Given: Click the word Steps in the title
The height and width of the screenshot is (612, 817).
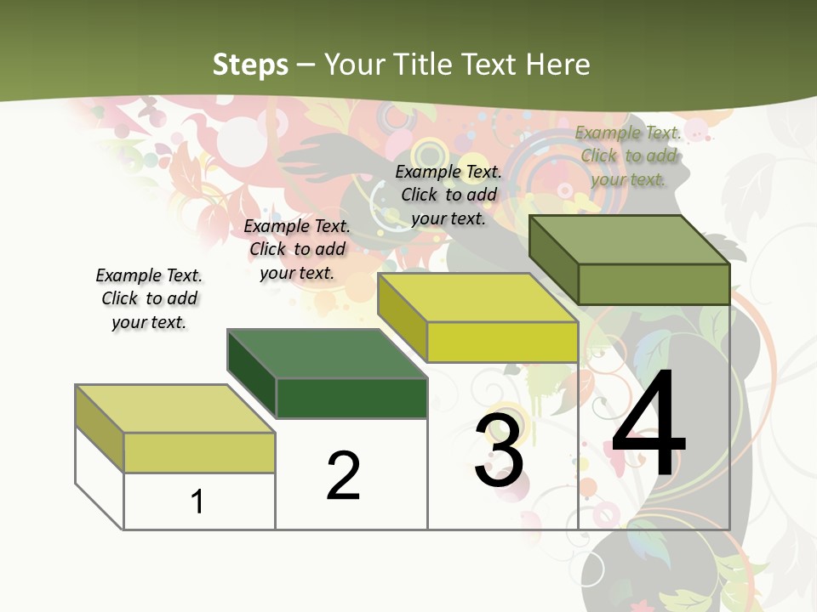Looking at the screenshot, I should tap(250, 65).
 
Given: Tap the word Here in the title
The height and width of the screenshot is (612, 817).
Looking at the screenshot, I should tap(557, 65).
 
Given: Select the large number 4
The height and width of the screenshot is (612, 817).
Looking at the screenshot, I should tap(648, 425).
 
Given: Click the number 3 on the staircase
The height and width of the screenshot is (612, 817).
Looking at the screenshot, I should tap(500, 451).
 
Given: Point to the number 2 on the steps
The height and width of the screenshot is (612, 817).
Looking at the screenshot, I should tap(344, 476).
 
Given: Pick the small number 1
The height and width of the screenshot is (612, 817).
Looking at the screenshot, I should tap(197, 501).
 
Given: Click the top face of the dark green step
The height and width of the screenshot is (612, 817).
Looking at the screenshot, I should tap(327, 354).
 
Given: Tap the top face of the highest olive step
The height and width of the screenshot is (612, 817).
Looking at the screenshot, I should tap(630, 239).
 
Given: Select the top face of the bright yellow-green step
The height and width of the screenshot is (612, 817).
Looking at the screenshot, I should tap(477, 297).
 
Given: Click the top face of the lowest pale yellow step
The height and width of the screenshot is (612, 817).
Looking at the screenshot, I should tap(175, 409).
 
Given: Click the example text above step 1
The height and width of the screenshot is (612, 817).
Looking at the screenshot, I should tap(149, 299).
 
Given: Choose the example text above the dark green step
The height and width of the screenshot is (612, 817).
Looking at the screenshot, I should tap(297, 249).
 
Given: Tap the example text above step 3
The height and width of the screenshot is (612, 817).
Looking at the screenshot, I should tap(448, 195).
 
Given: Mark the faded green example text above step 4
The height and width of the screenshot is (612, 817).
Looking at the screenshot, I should tap(628, 156).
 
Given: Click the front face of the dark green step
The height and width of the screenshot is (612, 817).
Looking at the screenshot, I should tap(351, 398).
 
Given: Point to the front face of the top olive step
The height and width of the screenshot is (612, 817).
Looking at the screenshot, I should tap(654, 284).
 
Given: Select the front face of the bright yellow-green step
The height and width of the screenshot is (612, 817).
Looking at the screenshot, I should tap(502, 342).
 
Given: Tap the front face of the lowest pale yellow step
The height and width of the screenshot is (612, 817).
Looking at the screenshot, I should tap(199, 452).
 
